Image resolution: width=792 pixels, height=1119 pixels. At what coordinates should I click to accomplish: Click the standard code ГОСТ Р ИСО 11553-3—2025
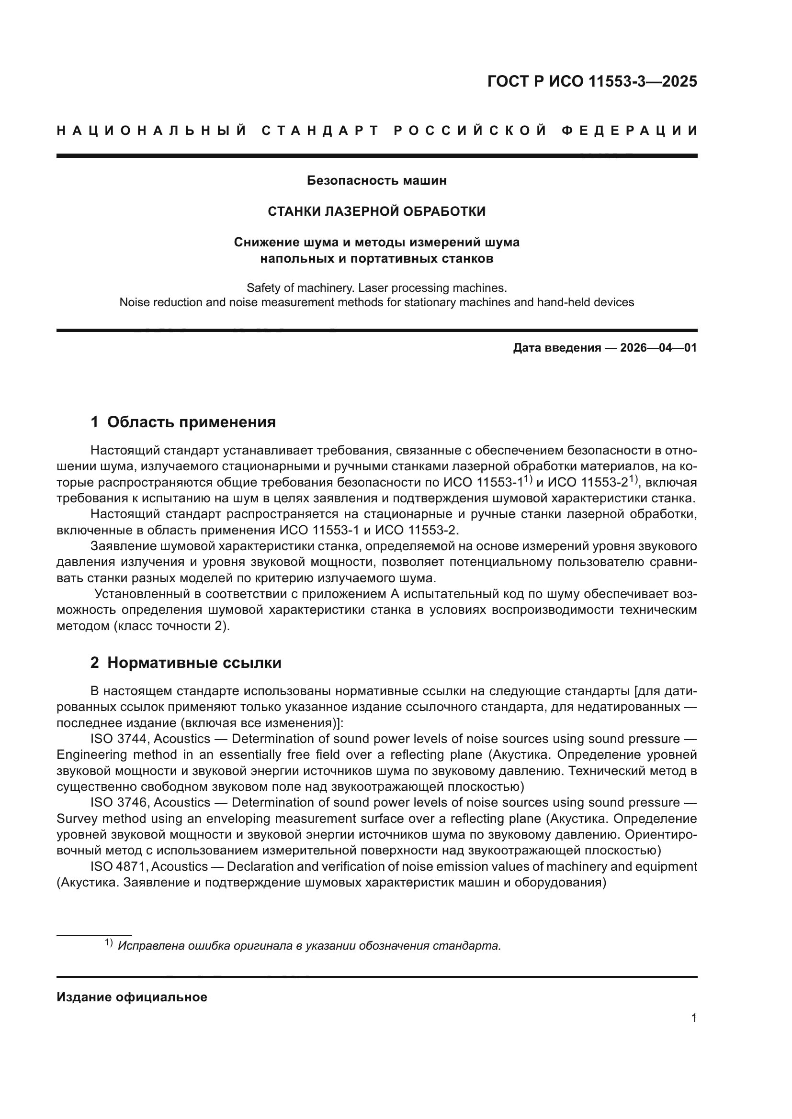tap(591, 81)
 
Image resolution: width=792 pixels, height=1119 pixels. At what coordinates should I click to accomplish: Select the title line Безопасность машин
tap(376, 181)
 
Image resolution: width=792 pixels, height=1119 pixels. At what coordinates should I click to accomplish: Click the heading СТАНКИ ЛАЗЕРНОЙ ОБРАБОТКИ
tap(376, 211)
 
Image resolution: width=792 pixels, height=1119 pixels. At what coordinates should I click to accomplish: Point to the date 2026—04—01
tap(658, 348)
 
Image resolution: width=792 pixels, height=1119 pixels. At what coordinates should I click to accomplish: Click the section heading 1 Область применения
tap(183, 422)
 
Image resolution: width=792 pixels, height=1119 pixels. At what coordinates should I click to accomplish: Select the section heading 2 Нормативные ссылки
tap(186, 663)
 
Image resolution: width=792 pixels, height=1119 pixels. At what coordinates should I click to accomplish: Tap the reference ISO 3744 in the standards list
tap(118, 739)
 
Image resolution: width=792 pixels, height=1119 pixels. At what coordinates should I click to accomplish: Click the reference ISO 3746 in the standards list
tap(118, 802)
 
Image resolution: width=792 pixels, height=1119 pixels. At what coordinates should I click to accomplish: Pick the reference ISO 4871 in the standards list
tap(118, 866)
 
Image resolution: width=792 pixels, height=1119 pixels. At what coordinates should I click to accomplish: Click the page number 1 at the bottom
tap(694, 1018)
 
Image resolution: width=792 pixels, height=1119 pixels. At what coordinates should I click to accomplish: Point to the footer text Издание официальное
tap(132, 997)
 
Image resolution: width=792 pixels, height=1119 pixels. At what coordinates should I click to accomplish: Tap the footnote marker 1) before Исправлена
tap(109, 943)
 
